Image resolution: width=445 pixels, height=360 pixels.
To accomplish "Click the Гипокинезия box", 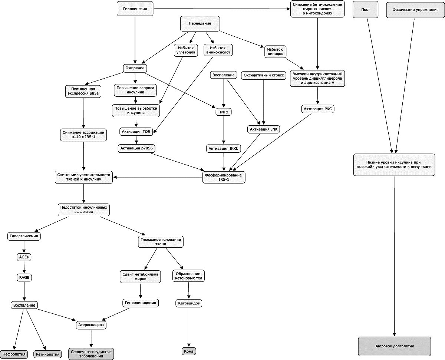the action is (x=135, y=9).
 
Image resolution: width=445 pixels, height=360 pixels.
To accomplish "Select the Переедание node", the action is (x=200, y=24).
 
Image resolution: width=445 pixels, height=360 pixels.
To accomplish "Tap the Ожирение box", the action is (x=135, y=68).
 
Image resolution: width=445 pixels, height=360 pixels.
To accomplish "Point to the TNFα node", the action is (x=224, y=112).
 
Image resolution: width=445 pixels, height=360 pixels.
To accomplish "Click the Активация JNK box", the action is (x=264, y=129).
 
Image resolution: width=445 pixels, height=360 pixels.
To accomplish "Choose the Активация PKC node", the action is (x=317, y=109).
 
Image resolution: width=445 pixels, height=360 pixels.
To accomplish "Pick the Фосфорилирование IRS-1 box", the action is (x=224, y=177).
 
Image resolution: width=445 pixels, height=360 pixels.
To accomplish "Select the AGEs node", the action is (x=24, y=257).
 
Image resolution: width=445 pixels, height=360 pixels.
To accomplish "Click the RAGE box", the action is (x=24, y=278).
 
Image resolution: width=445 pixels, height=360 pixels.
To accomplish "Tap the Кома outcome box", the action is (x=189, y=351).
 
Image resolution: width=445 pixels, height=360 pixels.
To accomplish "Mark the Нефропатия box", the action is (x=14, y=354).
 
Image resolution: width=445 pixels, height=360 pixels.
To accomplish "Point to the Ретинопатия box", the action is (x=47, y=354).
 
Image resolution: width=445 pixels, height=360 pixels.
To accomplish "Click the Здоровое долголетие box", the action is (x=394, y=346).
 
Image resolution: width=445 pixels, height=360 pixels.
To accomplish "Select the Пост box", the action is (x=365, y=10).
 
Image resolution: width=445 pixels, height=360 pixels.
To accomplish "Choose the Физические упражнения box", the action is (x=415, y=10).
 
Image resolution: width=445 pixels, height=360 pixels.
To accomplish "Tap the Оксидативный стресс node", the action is (x=263, y=75).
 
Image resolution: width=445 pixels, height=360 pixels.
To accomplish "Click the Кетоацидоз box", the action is (x=189, y=303).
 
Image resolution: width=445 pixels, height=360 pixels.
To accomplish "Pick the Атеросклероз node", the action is (x=91, y=325).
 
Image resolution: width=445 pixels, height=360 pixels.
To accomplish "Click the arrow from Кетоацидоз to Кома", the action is (x=189, y=327).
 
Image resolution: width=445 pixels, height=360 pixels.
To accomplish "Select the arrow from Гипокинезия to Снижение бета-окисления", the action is (x=222, y=9).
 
